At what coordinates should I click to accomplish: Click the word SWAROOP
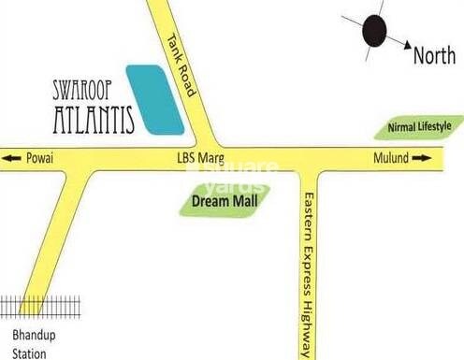pos(85,92)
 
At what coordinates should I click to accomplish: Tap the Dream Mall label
pos(224,199)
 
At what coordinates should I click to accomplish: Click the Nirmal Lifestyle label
pos(418,126)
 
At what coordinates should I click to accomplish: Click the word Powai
pos(41,159)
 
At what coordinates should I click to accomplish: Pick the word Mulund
pos(392,159)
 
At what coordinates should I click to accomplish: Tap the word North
pos(434,56)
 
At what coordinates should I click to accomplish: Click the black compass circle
pos(375,32)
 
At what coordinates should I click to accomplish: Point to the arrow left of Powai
pos(11,159)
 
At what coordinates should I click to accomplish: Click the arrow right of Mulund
pos(423,159)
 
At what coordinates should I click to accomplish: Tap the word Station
pos(22,353)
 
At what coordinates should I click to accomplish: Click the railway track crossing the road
pos(28,307)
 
